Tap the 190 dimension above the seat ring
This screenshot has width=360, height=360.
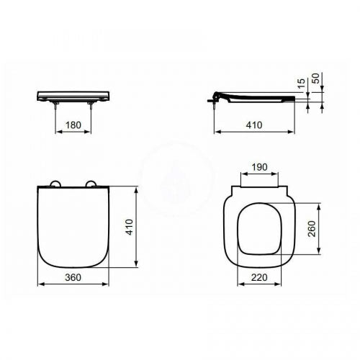(259, 167)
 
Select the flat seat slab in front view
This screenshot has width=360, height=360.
(72, 94)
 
